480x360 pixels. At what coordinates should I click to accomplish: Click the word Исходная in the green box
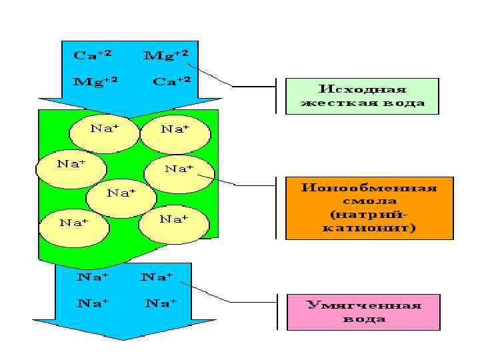(362, 89)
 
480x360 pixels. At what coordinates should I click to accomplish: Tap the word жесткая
(342, 103)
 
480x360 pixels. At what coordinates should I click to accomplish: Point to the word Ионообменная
(369, 187)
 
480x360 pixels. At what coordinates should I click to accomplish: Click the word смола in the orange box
(369, 201)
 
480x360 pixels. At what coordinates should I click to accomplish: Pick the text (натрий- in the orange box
(369, 215)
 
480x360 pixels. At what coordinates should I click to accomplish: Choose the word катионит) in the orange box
(369, 228)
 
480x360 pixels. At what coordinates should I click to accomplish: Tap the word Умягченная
(364, 305)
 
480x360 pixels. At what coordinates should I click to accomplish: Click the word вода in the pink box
(364, 319)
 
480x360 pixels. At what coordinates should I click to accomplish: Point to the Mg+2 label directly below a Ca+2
(95, 81)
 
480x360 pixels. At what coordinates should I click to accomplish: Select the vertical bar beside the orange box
(276, 207)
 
